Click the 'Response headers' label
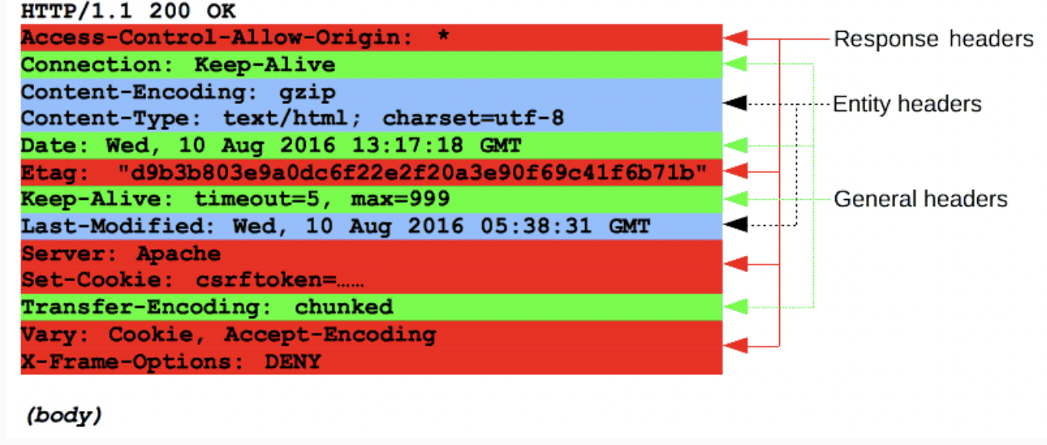pyautogui.click(x=933, y=39)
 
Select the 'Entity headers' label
pyautogui.click(x=907, y=105)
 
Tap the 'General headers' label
pyautogui.click(x=920, y=199)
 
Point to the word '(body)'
pyautogui.click(x=63, y=415)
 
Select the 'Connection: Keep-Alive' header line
pyautogui.click(x=178, y=65)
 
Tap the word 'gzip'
pyautogui.click(x=305, y=92)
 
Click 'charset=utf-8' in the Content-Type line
pyautogui.click(x=473, y=119)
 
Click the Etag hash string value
pyautogui.click(x=411, y=172)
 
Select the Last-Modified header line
pyautogui.click(x=335, y=226)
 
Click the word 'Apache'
pyautogui.click(x=178, y=253)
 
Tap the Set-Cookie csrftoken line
pyautogui.click(x=192, y=280)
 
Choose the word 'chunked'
pyautogui.click(x=343, y=307)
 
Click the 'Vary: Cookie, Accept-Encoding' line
pyautogui.click(x=228, y=334)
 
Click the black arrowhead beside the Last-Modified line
pyautogui.click(x=735, y=225)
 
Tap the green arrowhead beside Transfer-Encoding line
pyautogui.click(x=735, y=307)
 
